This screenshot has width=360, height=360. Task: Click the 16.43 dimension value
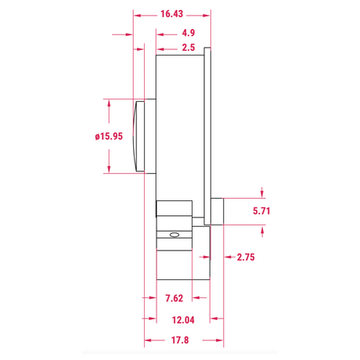(171, 14)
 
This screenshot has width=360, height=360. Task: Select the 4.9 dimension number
(189, 33)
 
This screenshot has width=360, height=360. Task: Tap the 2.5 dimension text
(189, 48)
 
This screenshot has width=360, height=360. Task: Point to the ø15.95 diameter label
(109, 136)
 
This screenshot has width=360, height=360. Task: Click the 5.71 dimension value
(261, 211)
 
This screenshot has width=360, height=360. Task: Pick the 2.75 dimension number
(246, 257)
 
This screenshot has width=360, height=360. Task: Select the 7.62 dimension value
(175, 298)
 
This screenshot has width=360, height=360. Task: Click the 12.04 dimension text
(183, 320)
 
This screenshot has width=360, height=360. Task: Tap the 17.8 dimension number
(180, 340)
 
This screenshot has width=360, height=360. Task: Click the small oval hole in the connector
(175, 235)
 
